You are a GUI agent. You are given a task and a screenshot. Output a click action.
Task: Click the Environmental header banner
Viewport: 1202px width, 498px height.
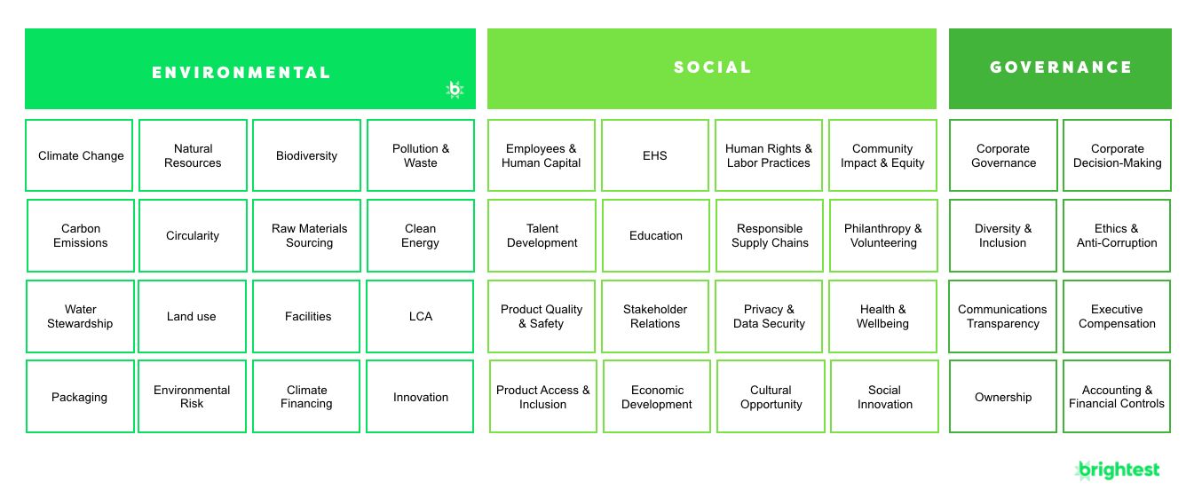click(250, 68)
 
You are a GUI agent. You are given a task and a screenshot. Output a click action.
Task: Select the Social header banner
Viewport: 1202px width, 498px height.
click(712, 68)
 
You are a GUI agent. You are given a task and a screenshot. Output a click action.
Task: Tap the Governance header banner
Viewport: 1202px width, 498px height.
click(1060, 68)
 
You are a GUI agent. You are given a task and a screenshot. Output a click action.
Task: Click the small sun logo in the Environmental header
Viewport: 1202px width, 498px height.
click(455, 90)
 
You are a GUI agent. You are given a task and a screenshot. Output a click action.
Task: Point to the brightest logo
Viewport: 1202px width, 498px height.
click(1117, 470)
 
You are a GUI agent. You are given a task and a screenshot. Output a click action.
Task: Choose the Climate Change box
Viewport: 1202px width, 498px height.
click(79, 155)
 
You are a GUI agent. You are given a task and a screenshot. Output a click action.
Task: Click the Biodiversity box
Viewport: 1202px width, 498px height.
click(306, 155)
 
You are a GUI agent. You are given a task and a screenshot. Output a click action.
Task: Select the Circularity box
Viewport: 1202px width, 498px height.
click(193, 235)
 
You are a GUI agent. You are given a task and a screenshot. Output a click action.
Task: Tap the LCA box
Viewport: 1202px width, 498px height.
click(420, 316)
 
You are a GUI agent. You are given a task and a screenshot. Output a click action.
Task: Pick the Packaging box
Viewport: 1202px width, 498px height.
click(80, 396)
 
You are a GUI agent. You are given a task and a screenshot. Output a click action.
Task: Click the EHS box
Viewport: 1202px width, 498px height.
click(654, 155)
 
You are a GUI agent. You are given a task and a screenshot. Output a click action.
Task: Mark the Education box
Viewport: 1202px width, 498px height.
click(656, 235)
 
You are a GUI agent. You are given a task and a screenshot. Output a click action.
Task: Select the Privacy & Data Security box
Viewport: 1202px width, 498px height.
click(769, 316)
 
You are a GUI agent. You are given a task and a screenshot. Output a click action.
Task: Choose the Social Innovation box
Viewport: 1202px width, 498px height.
click(884, 396)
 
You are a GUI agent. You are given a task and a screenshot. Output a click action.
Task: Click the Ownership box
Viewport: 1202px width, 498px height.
click(1003, 396)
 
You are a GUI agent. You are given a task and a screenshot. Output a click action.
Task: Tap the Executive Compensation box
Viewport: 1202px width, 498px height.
click(1117, 316)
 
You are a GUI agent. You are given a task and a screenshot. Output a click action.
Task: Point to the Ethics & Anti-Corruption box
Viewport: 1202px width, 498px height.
click(1117, 235)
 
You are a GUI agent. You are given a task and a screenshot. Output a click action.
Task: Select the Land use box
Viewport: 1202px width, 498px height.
click(192, 316)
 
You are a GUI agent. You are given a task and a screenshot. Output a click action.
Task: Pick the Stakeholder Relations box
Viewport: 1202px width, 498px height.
click(654, 316)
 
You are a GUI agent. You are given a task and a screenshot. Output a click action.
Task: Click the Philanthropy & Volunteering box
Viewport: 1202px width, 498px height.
click(883, 235)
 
